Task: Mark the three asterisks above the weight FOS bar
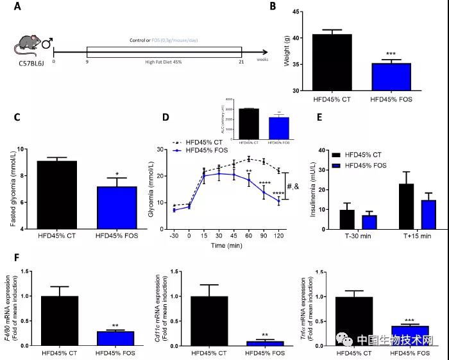(391, 55)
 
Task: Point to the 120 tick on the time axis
(279, 236)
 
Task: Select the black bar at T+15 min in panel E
(405, 206)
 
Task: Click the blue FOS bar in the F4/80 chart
(115, 338)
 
